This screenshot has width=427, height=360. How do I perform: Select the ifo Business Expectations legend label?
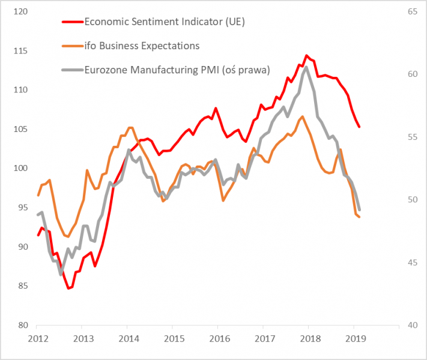[x=142, y=46]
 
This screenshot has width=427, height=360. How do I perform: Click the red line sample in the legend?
[x=73, y=22]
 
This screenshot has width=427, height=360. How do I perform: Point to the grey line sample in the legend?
[x=73, y=70]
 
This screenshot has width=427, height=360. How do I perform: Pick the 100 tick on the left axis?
[x=20, y=169]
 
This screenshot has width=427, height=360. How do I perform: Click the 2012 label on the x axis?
[x=37, y=340]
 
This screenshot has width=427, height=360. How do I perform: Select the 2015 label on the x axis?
[x=172, y=340]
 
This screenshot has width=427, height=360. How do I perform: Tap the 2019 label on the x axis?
[x=354, y=340]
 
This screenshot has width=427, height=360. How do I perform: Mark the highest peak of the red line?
[x=307, y=55]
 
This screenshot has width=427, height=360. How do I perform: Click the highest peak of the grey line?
[x=307, y=67]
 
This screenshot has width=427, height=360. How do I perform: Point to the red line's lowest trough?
[x=69, y=289]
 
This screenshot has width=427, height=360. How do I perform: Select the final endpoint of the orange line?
[x=359, y=217]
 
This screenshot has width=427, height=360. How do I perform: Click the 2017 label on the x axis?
[x=263, y=340]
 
